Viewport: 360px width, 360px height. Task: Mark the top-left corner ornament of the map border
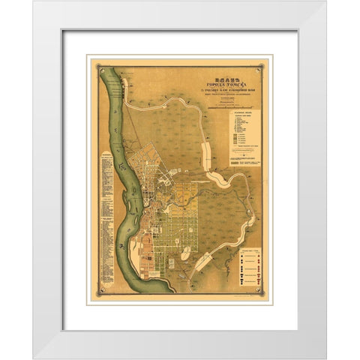tap(93, 62)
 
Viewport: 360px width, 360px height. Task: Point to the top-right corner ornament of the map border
tap(266, 62)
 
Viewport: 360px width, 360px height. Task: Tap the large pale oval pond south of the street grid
tap(185, 253)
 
